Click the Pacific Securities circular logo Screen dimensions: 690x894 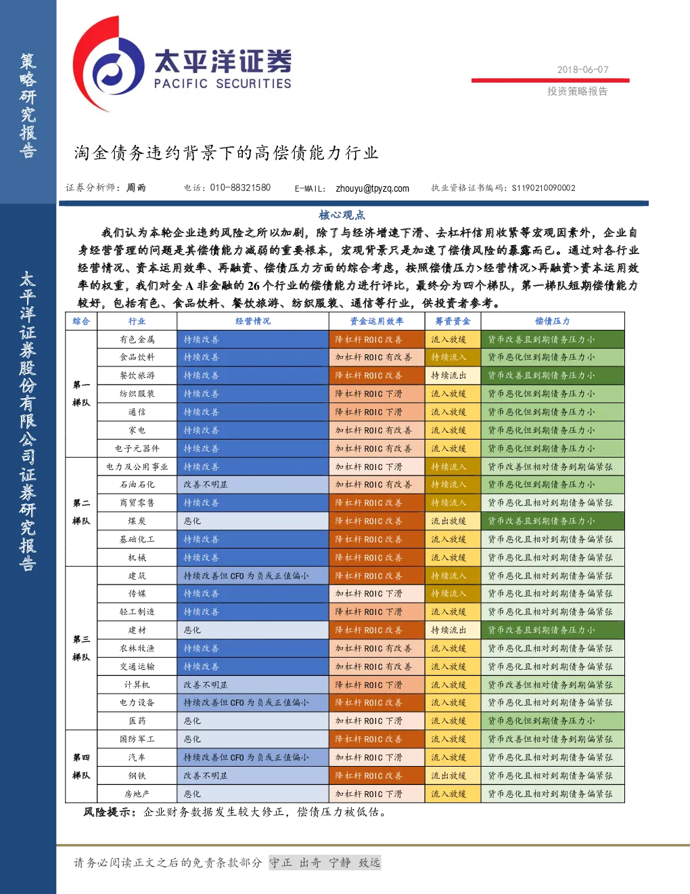[109, 64]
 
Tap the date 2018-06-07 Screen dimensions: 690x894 [582, 70]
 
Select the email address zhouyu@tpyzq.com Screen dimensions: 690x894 [372, 188]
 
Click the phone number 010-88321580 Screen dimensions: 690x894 [240, 188]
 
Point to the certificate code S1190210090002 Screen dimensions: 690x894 [543, 188]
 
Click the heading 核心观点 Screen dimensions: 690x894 [342, 215]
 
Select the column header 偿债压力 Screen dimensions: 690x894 [552, 321]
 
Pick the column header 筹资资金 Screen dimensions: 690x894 [453, 321]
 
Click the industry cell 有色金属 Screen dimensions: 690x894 [137, 339]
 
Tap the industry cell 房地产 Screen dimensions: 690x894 [137, 794]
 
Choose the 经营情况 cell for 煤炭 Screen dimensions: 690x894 [253, 521]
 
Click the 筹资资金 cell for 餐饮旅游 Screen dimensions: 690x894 [453, 375]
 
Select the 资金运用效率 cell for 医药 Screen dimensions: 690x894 [377, 721]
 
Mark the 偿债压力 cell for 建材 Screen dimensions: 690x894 [552, 630]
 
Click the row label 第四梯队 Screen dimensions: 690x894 [81, 766]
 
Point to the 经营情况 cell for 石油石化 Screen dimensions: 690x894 [253, 484]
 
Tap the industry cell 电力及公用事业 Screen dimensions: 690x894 [137, 467]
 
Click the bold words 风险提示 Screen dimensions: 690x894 [106, 812]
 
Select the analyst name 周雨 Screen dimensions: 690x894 [136, 188]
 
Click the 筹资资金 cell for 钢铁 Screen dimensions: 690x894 [453, 775]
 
